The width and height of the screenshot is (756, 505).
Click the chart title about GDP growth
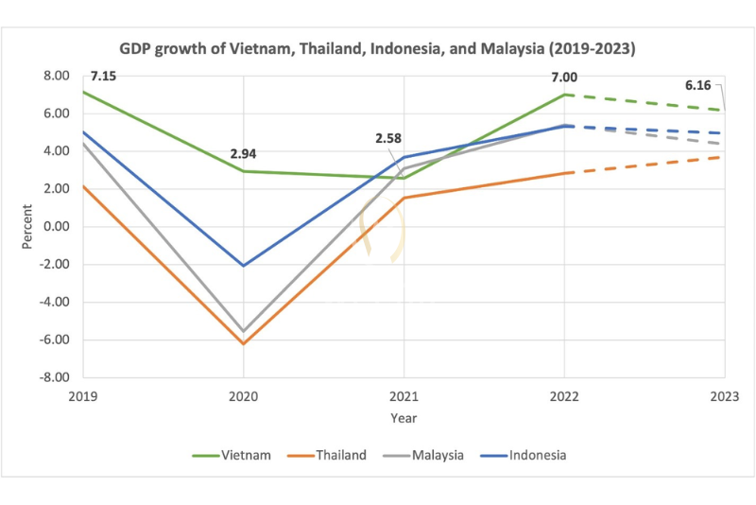click(378, 47)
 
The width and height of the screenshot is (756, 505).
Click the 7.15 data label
click(104, 76)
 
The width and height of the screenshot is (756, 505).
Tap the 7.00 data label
click(564, 76)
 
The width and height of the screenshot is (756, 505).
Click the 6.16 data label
click(698, 85)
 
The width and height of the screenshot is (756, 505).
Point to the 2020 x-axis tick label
click(244, 397)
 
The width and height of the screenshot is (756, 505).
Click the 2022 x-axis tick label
click(564, 397)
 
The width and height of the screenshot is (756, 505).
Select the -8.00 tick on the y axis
click(56, 377)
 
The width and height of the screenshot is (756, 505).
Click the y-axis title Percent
click(27, 227)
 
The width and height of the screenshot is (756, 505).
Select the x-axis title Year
click(404, 417)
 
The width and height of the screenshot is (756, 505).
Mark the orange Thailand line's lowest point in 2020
click(244, 343)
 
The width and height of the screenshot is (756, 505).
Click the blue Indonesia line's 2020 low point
click(244, 266)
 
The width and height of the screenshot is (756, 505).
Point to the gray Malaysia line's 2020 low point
click(244, 331)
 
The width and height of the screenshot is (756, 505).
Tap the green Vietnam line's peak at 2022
click(564, 95)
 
